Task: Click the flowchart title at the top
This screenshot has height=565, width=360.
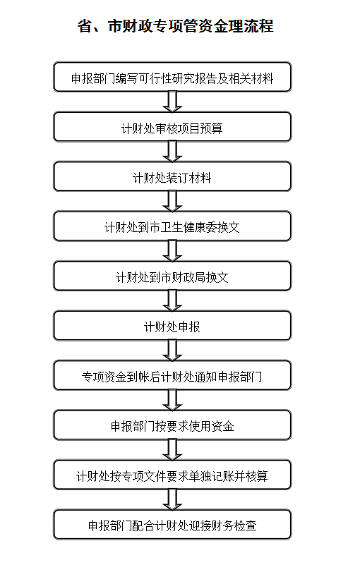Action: coord(176,26)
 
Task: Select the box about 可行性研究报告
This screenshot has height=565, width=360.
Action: coord(172,77)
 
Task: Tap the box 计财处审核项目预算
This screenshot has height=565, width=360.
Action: coord(172,126)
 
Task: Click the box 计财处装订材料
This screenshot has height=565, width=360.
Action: coord(172,176)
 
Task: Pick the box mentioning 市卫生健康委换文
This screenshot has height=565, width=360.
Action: coord(172,226)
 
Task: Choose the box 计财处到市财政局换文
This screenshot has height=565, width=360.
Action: coord(172,276)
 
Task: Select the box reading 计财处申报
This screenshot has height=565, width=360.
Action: coord(172,325)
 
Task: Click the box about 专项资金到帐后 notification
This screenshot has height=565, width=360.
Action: coord(172,375)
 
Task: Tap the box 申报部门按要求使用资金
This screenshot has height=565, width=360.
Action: coord(172,425)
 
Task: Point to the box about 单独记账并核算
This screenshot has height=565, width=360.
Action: coord(172,475)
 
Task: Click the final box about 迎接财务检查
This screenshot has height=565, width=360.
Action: coord(172,524)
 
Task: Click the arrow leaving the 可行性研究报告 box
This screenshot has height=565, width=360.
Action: coord(172,102)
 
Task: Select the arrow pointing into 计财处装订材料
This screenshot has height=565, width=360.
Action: coord(172,152)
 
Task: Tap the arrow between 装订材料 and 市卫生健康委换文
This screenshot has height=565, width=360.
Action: coord(172,201)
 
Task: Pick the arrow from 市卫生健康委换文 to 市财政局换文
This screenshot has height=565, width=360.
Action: coord(172,251)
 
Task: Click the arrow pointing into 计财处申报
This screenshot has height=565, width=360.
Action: coord(172,300)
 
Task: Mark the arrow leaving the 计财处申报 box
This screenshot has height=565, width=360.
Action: coord(172,351)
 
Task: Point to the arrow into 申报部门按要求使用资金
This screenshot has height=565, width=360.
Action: coord(172,400)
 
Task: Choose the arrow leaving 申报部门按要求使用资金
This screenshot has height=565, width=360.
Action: coord(172,450)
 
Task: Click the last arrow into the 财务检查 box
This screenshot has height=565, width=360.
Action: coord(172,499)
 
